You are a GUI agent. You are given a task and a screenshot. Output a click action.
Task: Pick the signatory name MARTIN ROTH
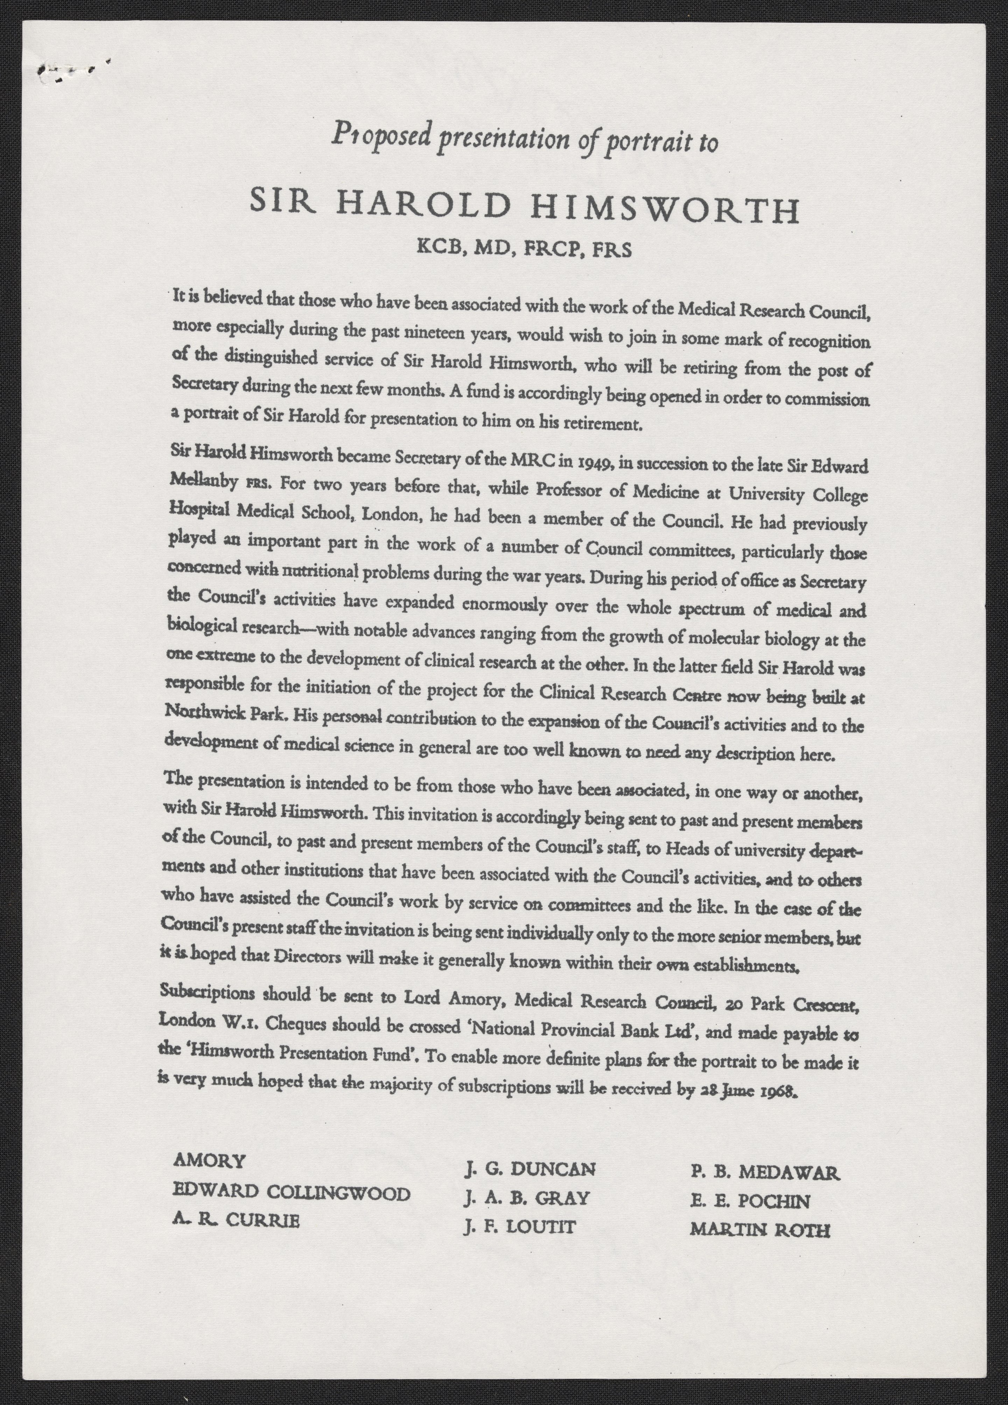pos(760,1229)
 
